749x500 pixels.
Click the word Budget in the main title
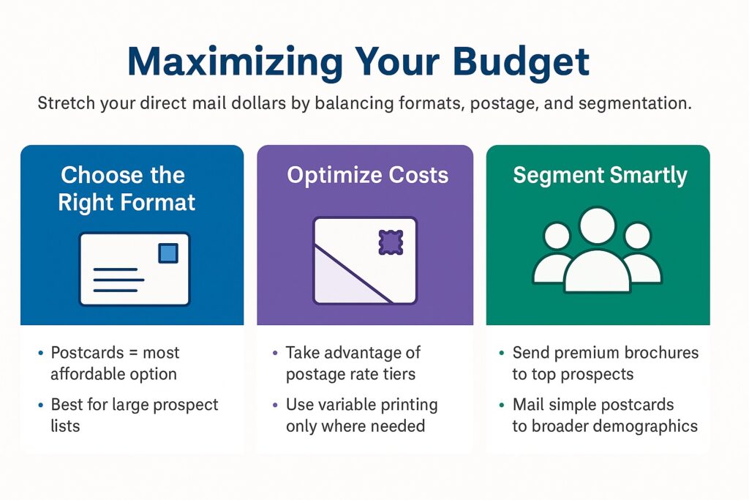(x=521, y=62)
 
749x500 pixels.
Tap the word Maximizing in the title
(x=235, y=62)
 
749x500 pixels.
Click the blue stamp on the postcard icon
(x=168, y=253)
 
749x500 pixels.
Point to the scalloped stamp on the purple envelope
(x=391, y=242)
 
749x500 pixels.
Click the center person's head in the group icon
(x=597, y=224)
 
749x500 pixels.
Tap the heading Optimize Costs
(x=368, y=175)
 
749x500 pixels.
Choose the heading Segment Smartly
(x=600, y=176)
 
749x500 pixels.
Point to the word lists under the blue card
(x=65, y=426)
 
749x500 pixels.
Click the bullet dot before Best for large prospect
(x=41, y=406)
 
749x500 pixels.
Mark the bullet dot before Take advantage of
(x=275, y=354)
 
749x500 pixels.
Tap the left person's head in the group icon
(x=557, y=236)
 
